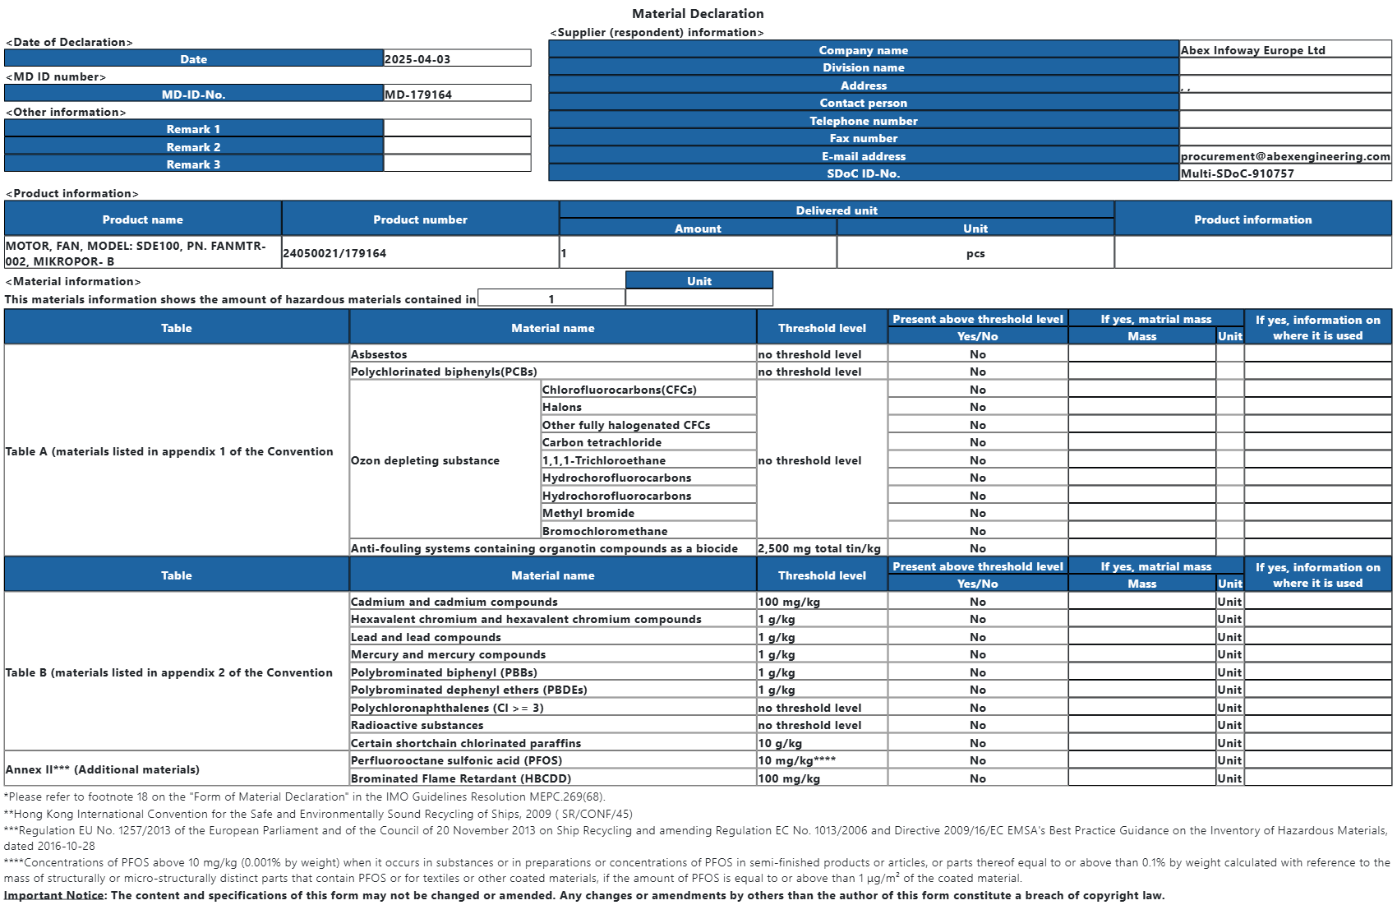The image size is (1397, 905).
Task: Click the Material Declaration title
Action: pyautogui.click(x=698, y=14)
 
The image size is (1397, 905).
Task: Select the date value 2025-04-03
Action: pyautogui.click(x=417, y=59)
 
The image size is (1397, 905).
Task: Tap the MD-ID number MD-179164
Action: pyautogui.click(x=418, y=95)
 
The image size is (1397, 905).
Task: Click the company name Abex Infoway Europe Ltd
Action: pyautogui.click(x=1252, y=50)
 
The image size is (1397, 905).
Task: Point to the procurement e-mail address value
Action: pyautogui.click(x=1285, y=156)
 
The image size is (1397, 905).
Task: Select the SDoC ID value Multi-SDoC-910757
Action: pyautogui.click(x=1237, y=173)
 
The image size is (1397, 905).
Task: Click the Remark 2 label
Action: pyautogui.click(x=193, y=147)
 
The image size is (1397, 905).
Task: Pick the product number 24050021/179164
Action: pyautogui.click(x=334, y=253)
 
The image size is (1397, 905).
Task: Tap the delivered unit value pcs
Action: pyautogui.click(x=975, y=253)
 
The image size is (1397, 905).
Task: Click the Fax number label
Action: pyautogui.click(x=863, y=138)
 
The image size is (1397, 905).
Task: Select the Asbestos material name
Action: pyautogui.click(x=379, y=354)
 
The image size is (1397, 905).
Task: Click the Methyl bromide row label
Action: pyautogui.click(x=588, y=513)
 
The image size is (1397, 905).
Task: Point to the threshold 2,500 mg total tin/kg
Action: pyautogui.click(x=819, y=548)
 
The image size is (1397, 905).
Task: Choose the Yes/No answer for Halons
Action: pyautogui.click(x=977, y=407)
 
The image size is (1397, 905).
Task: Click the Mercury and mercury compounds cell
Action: pyautogui.click(x=448, y=654)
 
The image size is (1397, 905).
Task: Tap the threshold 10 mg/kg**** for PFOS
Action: pyautogui.click(x=796, y=760)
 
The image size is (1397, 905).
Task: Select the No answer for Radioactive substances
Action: pyautogui.click(x=977, y=725)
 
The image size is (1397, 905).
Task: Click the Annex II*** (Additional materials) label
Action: pyautogui.click(x=103, y=769)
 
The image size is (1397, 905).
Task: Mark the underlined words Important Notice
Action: pyautogui.click(x=53, y=895)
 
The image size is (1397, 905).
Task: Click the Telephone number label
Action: pyautogui.click(x=863, y=121)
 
